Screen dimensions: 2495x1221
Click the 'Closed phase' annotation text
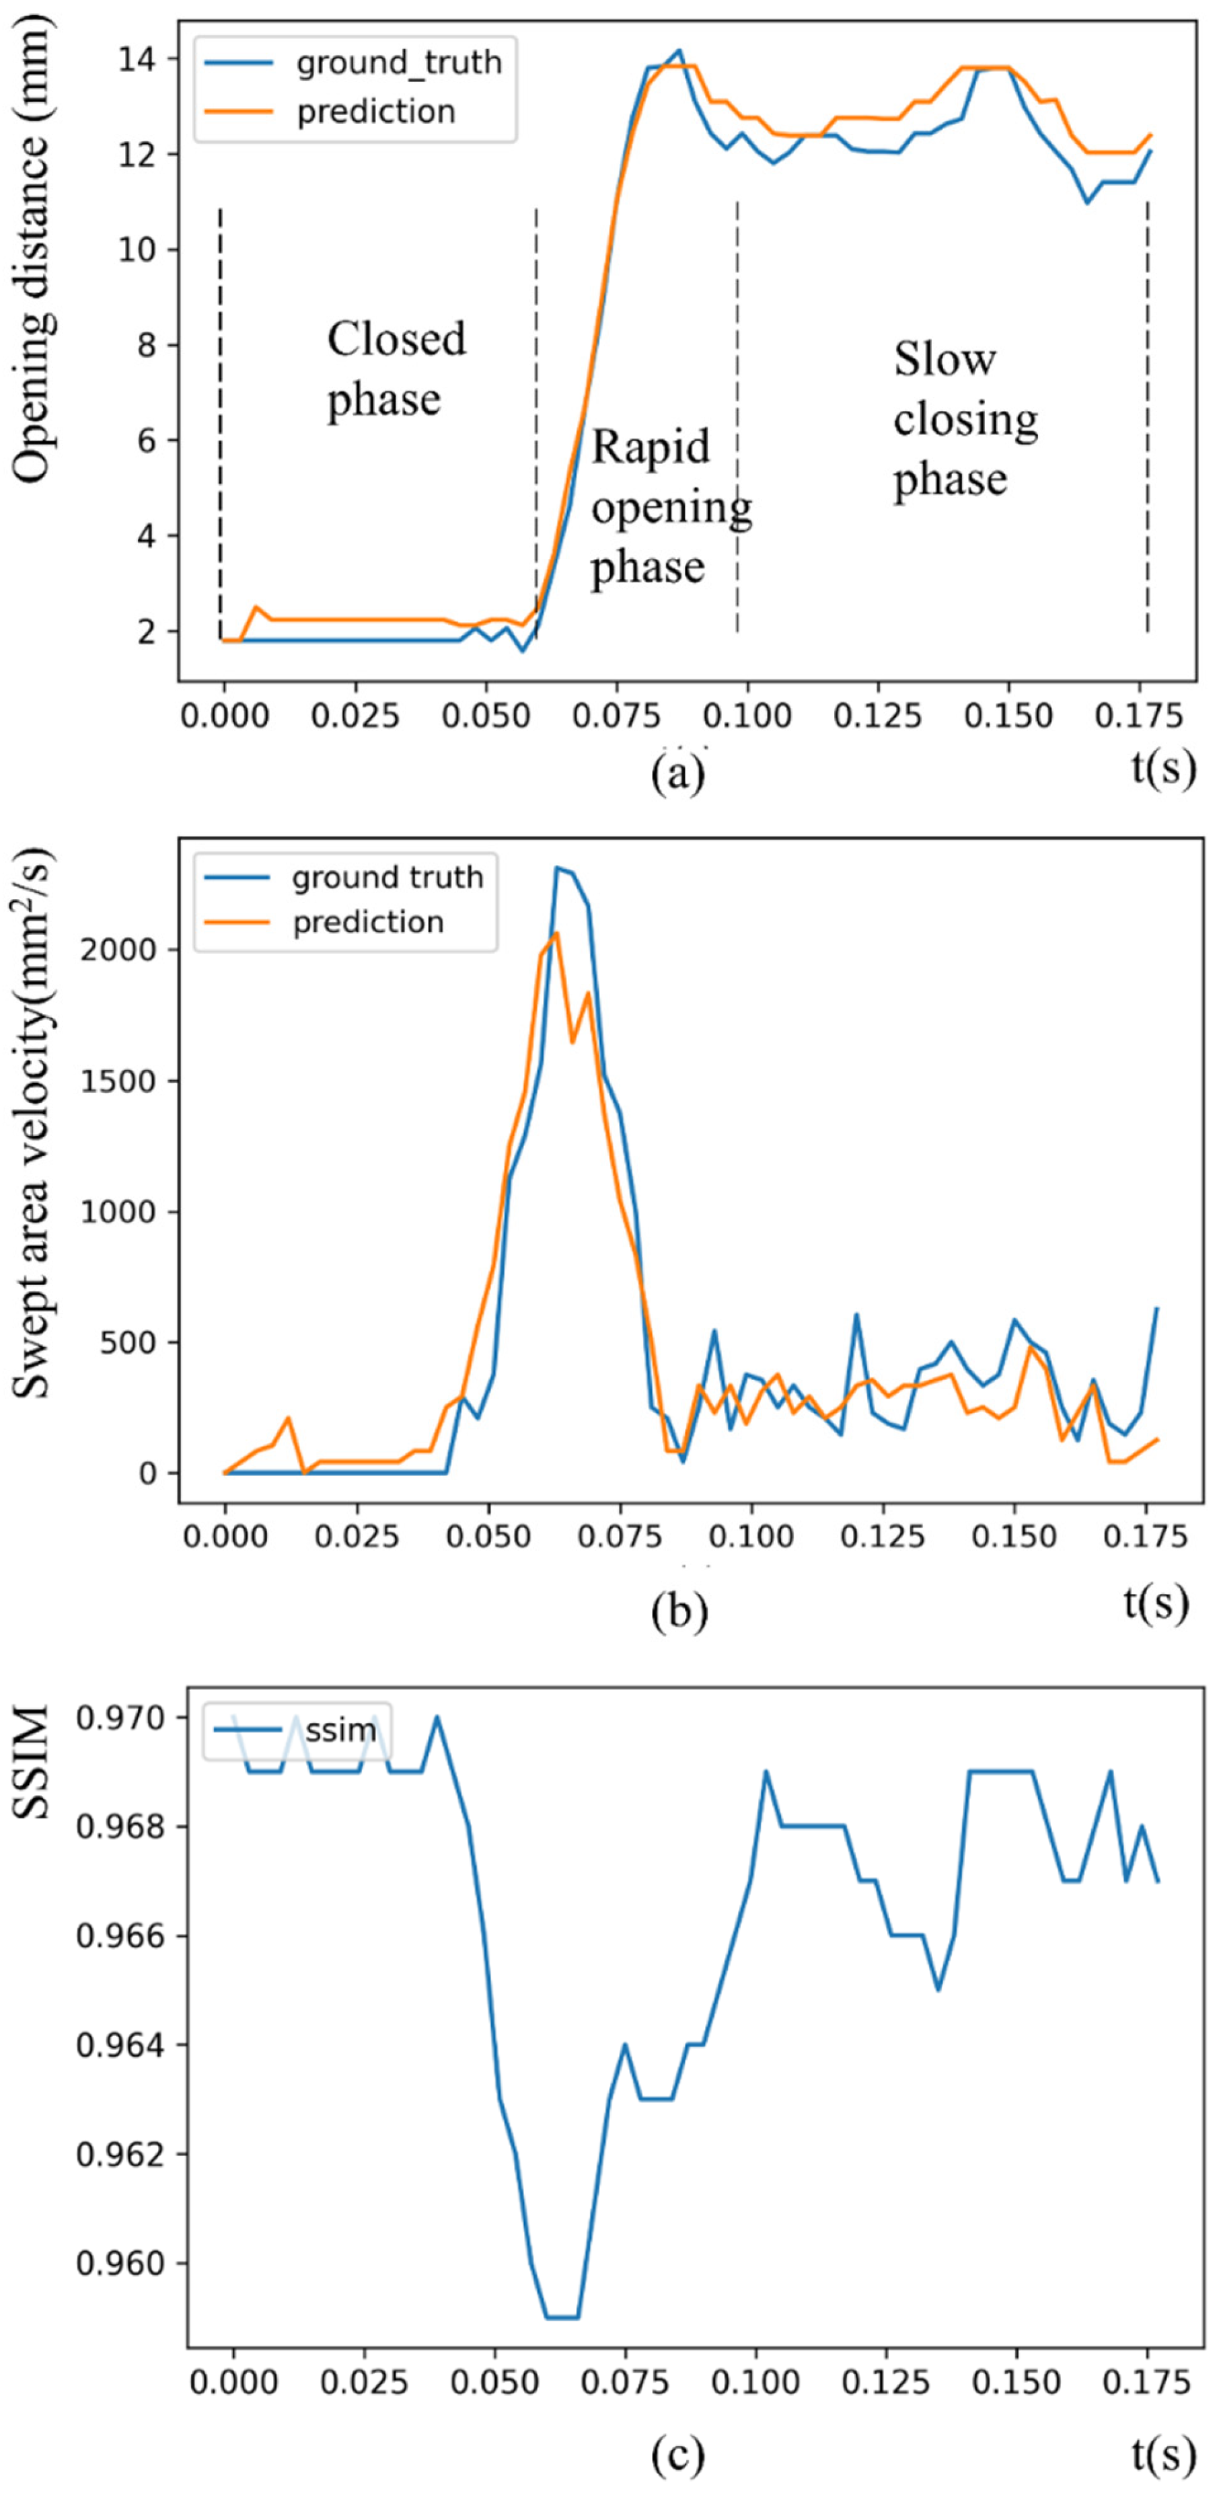coord(396,369)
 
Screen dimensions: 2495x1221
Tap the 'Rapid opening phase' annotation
coord(669,506)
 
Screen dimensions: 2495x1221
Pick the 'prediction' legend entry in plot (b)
coord(368,922)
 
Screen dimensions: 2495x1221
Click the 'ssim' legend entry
coord(340,1729)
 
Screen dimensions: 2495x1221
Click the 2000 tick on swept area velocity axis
coord(118,950)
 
